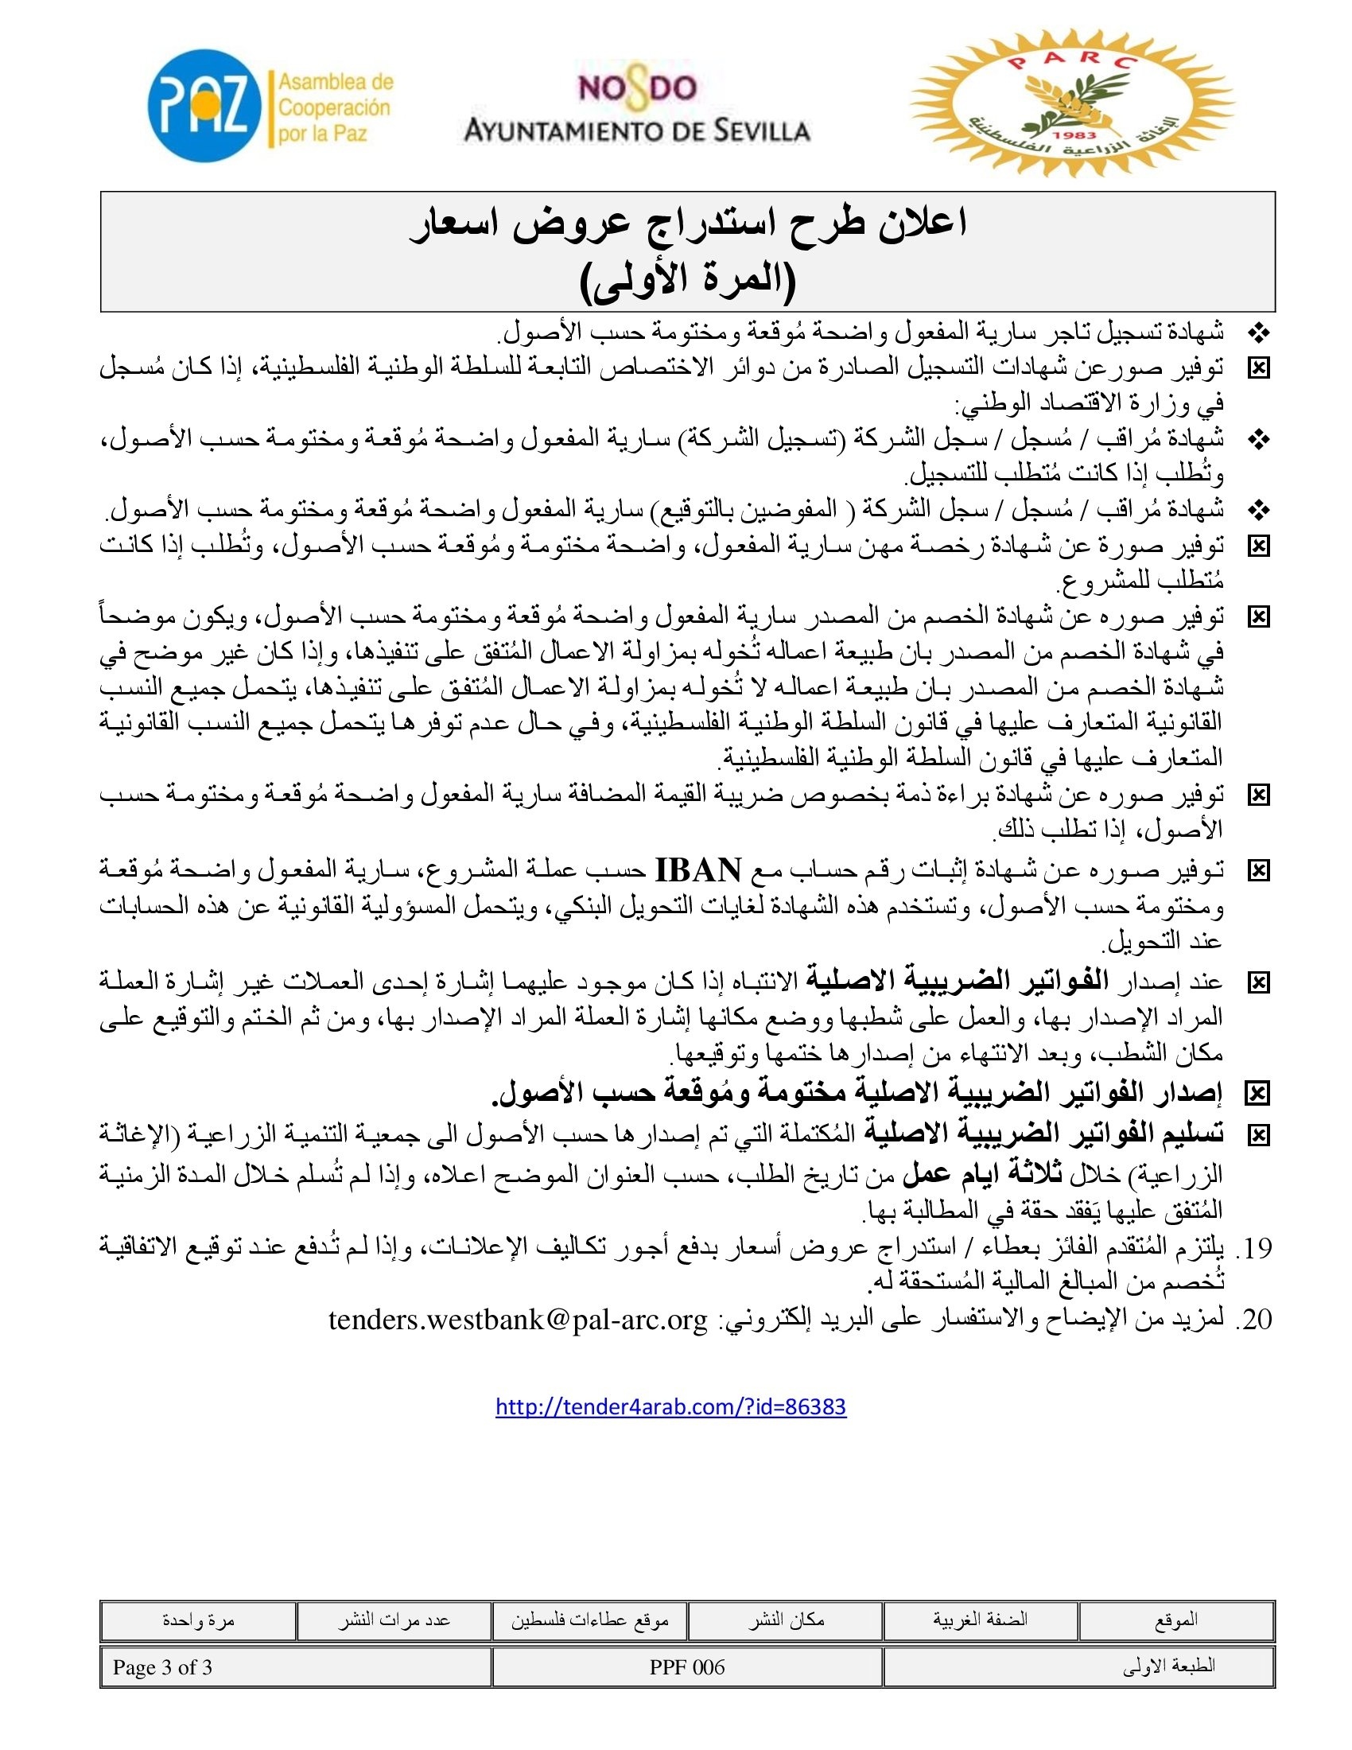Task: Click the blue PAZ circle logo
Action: [205, 106]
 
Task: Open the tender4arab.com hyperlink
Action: [670, 1406]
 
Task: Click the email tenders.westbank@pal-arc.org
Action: [519, 1320]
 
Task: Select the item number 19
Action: [1253, 1248]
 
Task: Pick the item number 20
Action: [1253, 1320]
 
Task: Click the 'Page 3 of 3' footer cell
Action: [162, 1667]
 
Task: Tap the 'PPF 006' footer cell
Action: [687, 1667]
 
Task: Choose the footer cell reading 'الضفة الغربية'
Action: [981, 1620]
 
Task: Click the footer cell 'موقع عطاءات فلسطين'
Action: [589, 1620]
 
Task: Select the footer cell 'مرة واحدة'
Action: [198, 1620]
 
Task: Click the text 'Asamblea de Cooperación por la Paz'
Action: [335, 107]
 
